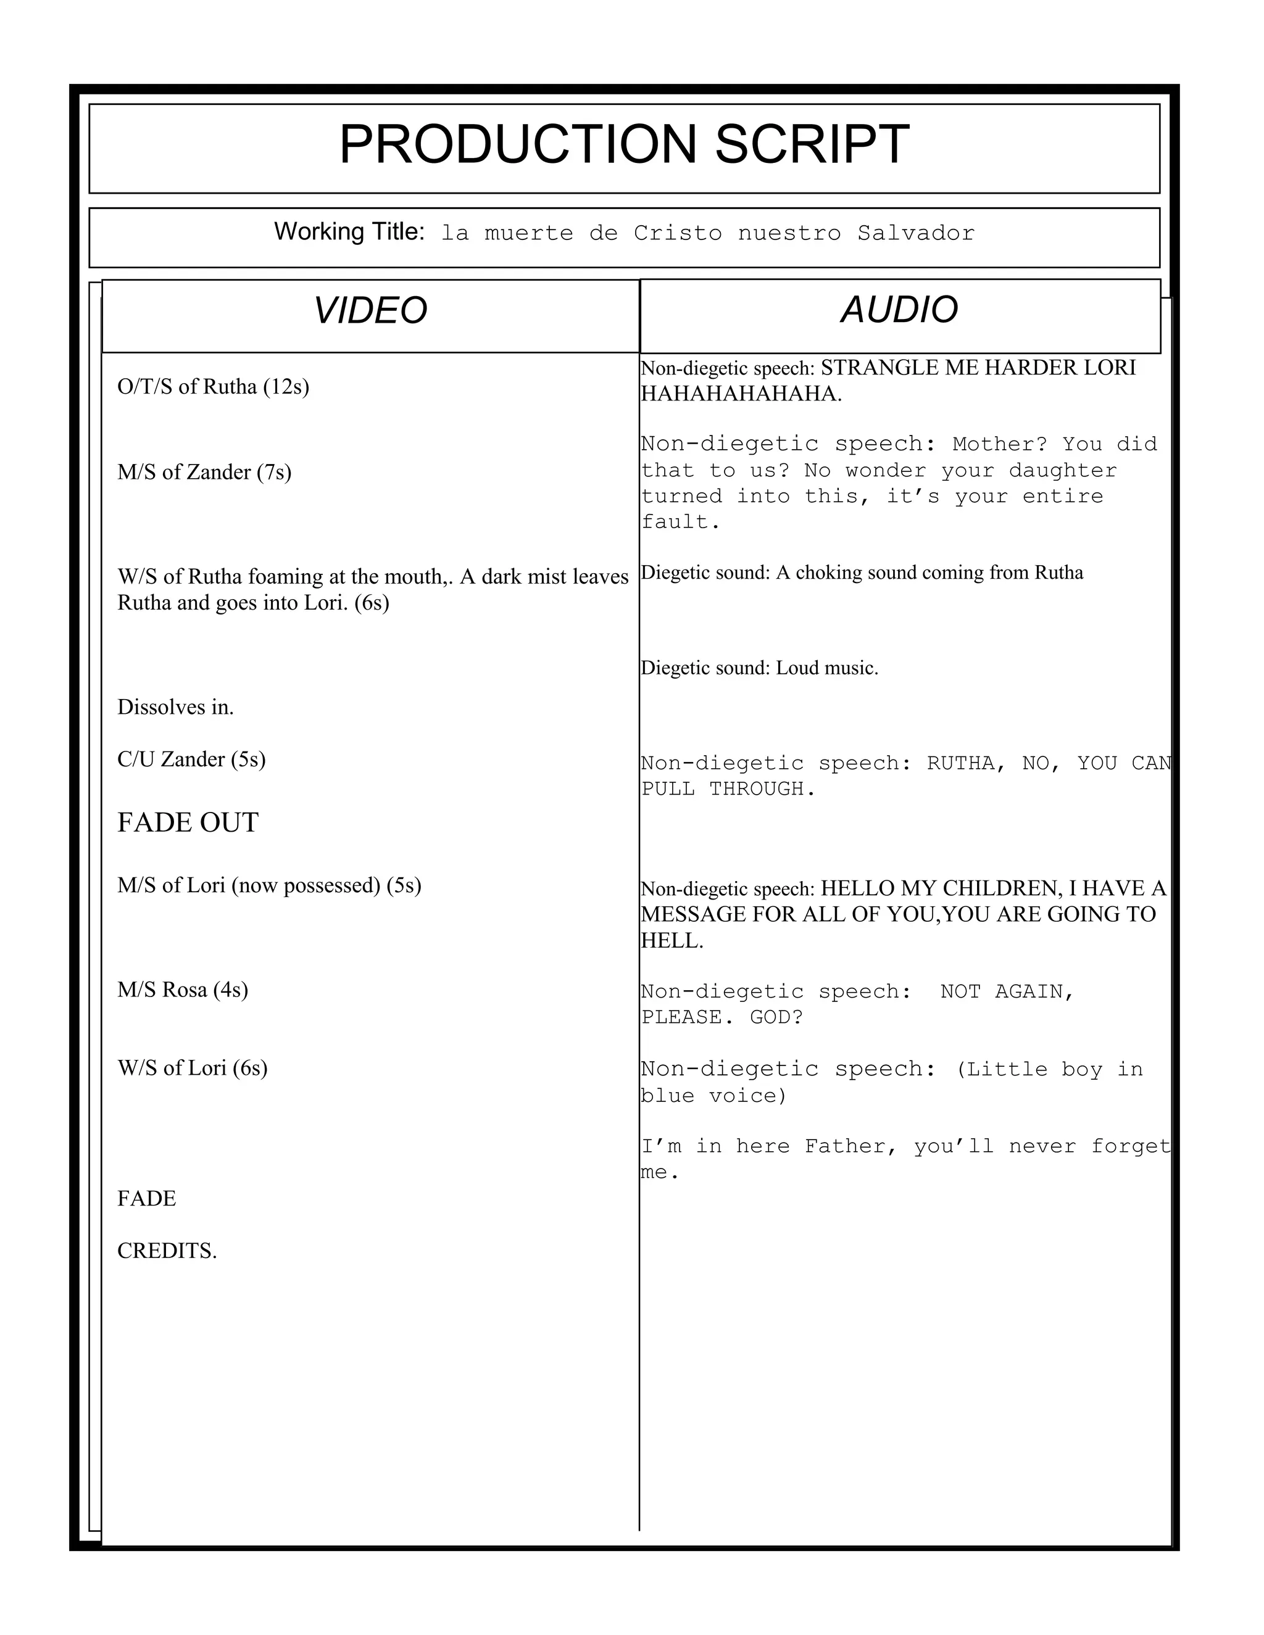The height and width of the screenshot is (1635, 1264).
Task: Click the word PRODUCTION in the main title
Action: tap(517, 144)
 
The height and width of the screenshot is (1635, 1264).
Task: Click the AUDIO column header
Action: tap(899, 310)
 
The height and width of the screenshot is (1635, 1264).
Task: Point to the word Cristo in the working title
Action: tap(678, 234)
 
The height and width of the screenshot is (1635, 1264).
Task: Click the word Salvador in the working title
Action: tap(916, 234)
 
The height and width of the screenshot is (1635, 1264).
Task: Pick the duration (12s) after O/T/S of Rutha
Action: tap(286, 386)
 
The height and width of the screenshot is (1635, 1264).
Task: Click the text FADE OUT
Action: tap(188, 822)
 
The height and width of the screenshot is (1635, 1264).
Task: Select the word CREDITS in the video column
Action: tap(166, 1251)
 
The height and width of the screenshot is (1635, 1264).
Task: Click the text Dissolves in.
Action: tap(175, 708)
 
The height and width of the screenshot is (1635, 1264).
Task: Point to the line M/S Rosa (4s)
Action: tap(182, 990)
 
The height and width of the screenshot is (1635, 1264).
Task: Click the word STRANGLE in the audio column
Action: tap(871, 368)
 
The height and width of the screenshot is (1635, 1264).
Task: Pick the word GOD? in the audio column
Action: tap(776, 1017)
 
